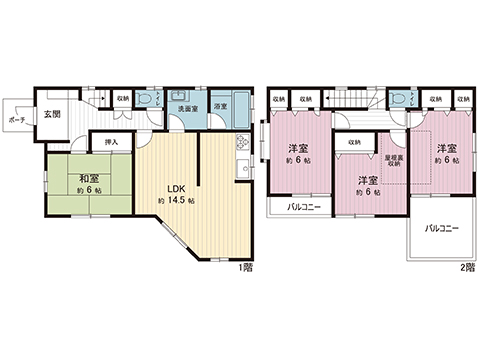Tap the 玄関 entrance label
click(x=53, y=115)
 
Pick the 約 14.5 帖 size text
click(x=175, y=201)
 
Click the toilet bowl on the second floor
click(x=400, y=100)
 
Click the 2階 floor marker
click(x=465, y=269)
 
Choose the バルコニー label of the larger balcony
click(x=441, y=229)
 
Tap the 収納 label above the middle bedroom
click(x=355, y=143)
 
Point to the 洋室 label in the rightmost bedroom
click(x=445, y=149)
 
